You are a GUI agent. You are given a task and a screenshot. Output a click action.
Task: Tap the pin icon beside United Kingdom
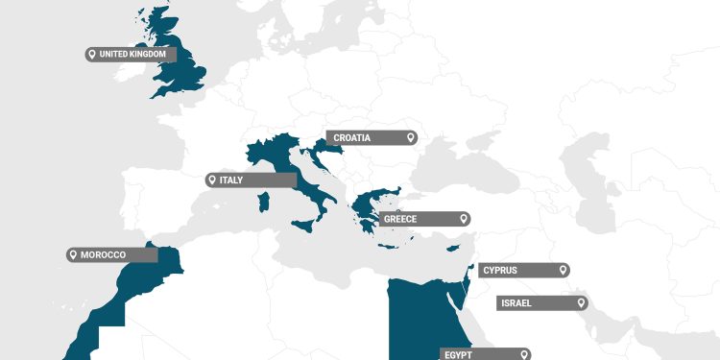(x=92, y=55)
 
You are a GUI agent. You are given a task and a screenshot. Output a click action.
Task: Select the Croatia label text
(x=352, y=138)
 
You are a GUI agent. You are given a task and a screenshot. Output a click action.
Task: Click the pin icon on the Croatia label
(x=411, y=138)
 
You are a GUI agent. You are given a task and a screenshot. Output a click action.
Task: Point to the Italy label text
(x=231, y=180)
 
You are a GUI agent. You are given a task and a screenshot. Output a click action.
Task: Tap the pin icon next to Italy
(x=212, y=180)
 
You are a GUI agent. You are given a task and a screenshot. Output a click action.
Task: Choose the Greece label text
(x=400, y=219)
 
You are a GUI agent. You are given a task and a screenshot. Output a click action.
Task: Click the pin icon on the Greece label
(x=463, y=219)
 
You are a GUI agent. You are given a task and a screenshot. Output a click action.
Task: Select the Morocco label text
(x=103, y=254)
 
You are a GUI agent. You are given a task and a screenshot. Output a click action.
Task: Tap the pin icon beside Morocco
(x=73, y=254)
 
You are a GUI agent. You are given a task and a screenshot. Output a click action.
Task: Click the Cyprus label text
(x=499, y=270)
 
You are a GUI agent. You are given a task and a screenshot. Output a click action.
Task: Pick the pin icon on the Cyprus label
(x=563, y=270)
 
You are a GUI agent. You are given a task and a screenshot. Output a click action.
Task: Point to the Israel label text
(x=516, y=303)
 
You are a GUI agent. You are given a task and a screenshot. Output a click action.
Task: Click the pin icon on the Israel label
(x=581, y=303)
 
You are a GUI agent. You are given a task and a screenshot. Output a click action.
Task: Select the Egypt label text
(x=458, y=354)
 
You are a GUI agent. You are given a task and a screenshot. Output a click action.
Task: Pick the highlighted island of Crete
(x=388, y=247)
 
